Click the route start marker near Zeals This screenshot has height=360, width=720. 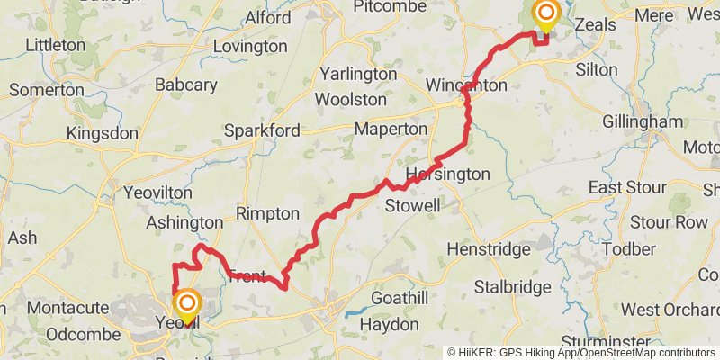pos(545,13)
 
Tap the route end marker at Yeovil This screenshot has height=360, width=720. pos(187,303)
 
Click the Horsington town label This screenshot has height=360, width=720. pos(448,174)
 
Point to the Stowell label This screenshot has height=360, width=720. pos(413,206)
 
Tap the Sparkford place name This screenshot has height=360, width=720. pos(262,130)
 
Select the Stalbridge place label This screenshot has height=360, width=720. pos(512,287)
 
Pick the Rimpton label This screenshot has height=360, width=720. pos(267,214)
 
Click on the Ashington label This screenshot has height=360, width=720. pos(184,222)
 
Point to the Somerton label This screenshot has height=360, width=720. pos(47,90)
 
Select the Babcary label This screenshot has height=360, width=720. pos(185,85)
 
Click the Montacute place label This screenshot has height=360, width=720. pos(67,308)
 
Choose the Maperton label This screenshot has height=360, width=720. pos(391,130)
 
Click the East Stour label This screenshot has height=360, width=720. pos(627,187)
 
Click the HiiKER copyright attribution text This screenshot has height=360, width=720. pos(580,352)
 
